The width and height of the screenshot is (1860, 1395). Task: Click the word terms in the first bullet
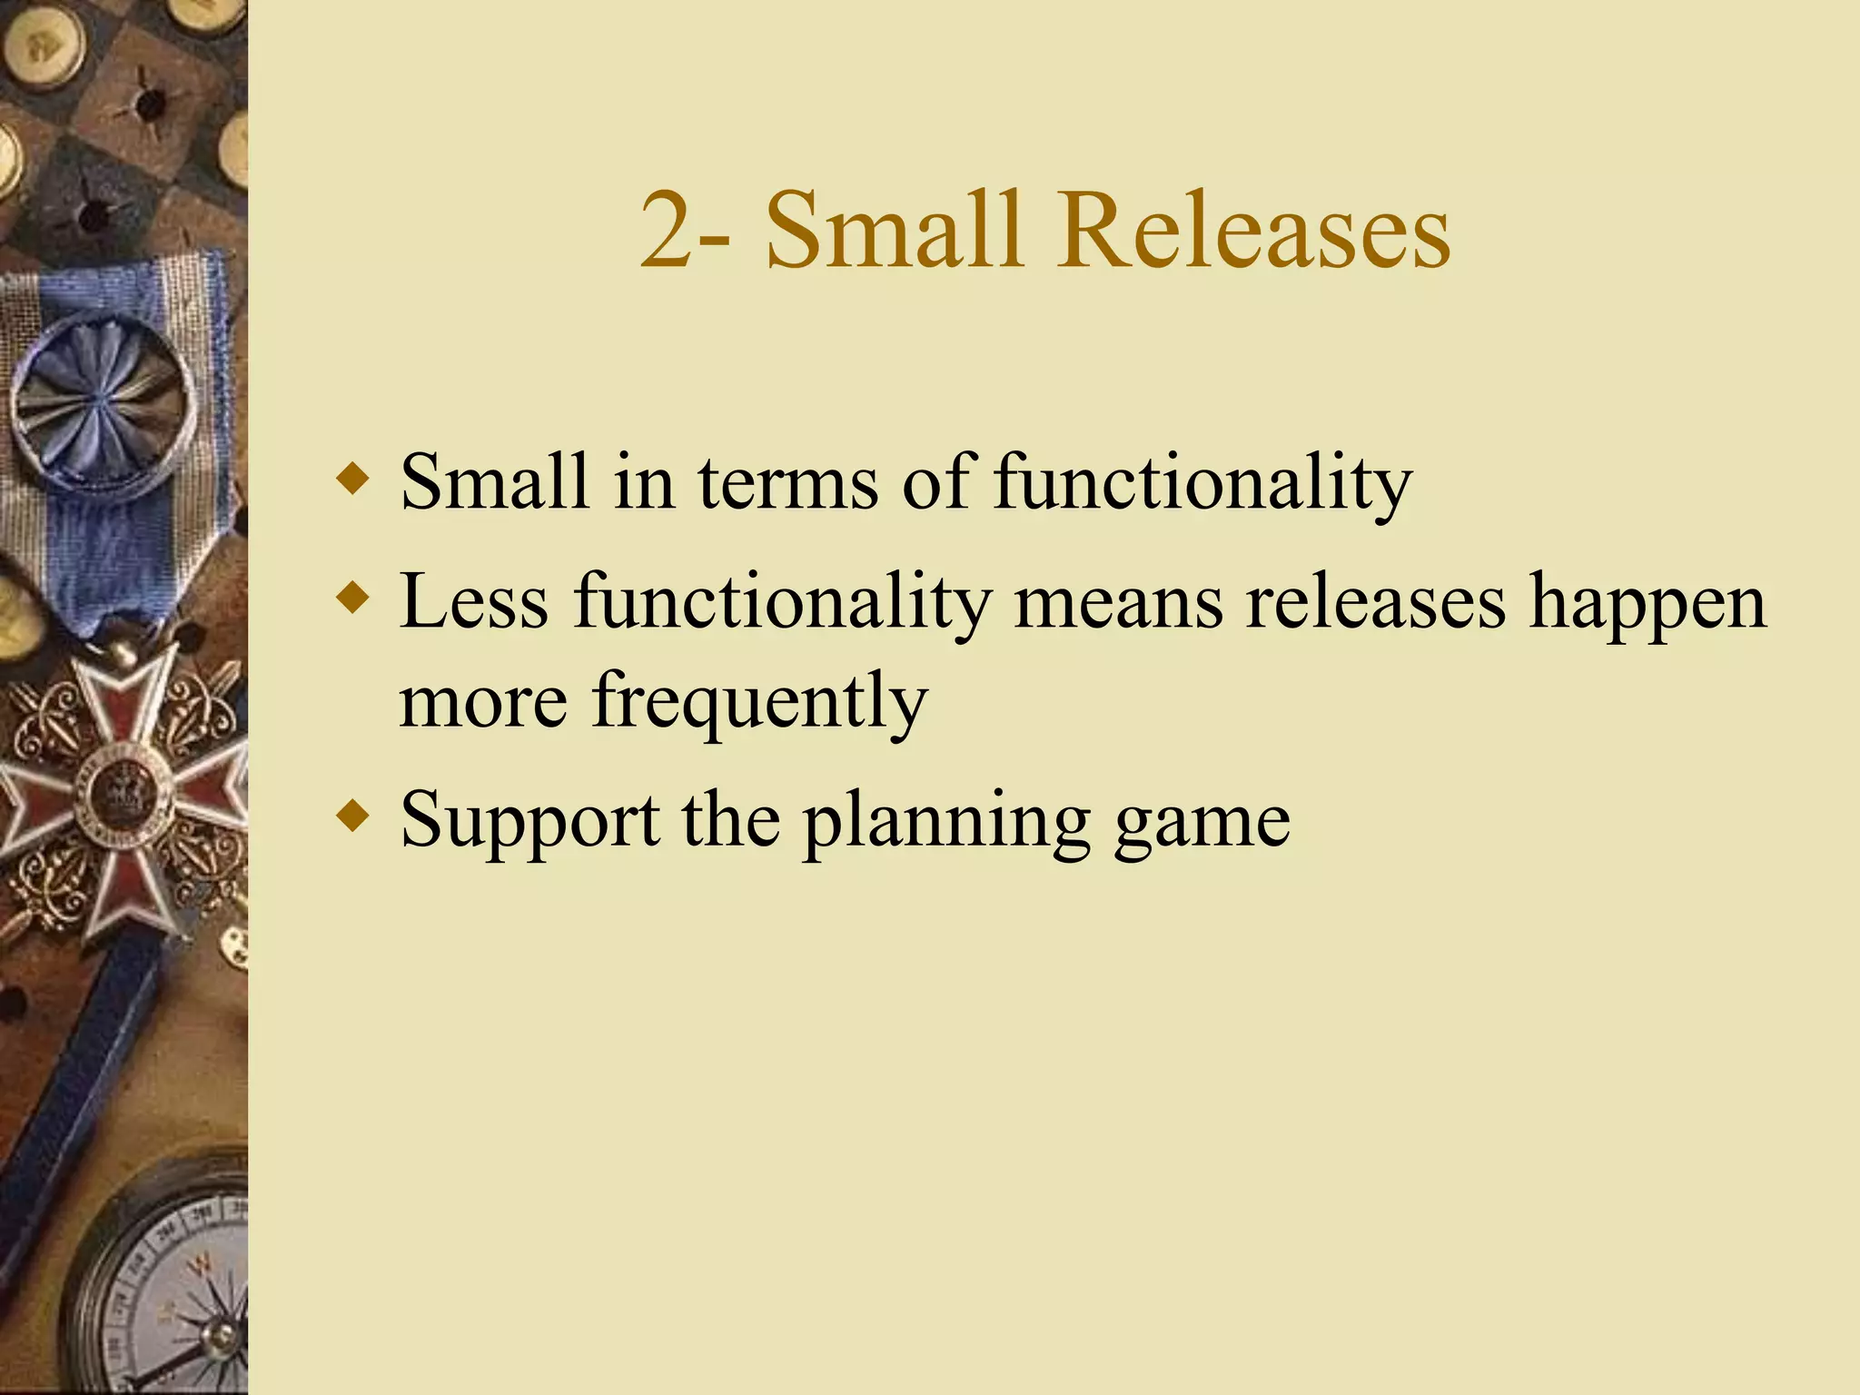click(x=787, y=482)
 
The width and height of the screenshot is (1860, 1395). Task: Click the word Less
click(x=474, y=601)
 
